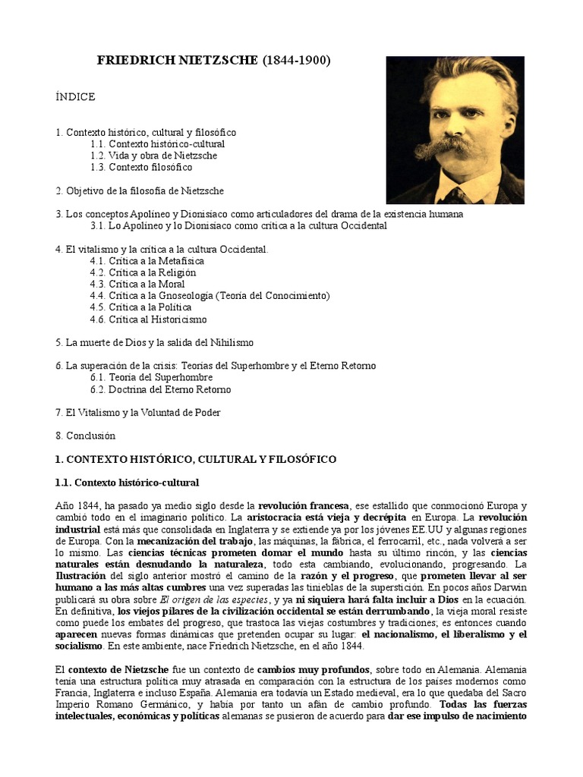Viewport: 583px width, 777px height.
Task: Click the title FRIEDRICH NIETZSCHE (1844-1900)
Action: point(214,61)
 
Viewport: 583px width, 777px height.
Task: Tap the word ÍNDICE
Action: point(75,97)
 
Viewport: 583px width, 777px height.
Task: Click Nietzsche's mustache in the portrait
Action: point(455,143)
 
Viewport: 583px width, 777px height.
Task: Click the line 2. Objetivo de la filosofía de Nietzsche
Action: point(140,190)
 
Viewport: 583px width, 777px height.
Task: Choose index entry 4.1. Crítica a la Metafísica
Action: point(147,261)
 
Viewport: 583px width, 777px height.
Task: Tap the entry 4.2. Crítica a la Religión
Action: point(143,272)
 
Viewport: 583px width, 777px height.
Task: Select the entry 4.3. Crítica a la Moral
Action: point(137,284)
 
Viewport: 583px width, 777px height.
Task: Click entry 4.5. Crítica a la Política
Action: point(140,307)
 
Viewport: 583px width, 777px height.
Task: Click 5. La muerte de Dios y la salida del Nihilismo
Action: point(154,343)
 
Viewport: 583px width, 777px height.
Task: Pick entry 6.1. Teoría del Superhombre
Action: point(151,377)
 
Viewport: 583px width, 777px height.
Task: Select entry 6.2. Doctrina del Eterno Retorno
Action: point(160,389)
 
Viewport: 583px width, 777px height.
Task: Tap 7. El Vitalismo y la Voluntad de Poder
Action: point(137,413)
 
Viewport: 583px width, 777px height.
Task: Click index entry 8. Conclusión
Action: point(85,436)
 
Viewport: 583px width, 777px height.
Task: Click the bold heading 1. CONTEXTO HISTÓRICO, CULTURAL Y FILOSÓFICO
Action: point(196,460)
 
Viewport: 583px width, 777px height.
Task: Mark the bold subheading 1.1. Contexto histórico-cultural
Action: point(127,483)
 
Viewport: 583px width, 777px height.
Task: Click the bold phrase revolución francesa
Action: point(304,505)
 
